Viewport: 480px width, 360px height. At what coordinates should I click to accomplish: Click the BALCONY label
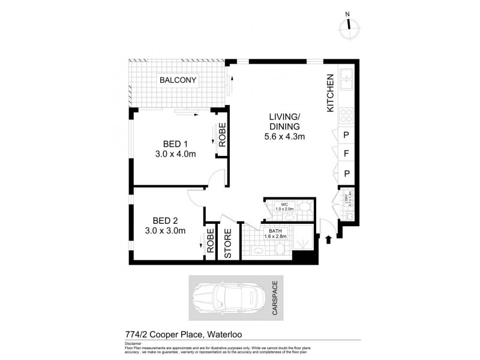coord(178,80)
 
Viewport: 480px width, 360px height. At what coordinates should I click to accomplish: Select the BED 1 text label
coord(176,144)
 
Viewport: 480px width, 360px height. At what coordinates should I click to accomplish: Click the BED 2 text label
coord(164,220)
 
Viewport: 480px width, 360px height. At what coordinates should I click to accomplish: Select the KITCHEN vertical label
coord(330,93)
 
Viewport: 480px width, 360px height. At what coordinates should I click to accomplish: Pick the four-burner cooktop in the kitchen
coord(347,114)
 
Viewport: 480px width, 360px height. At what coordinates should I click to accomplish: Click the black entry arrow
coord(328,240)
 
